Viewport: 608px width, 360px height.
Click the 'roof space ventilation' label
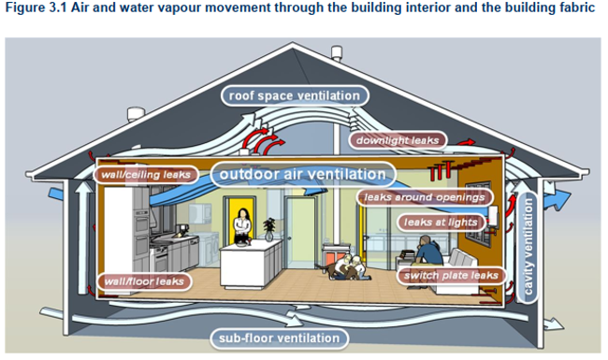click(295, 95)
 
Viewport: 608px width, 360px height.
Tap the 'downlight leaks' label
click(398, 140)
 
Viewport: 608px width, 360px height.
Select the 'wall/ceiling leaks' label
click(146, 175)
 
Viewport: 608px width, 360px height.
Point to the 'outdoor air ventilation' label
click(303, 174)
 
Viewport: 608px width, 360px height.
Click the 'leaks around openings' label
click(425, 197)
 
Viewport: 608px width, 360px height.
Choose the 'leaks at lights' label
click(441, 223)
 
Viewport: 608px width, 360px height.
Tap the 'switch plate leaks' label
click(452, 276)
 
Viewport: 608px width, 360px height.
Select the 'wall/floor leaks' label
click(144, 281)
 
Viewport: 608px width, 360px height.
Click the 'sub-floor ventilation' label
click(279, 338)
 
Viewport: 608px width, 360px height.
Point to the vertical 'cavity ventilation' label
click(528, 247)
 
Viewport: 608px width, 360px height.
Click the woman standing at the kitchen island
click(242, 227)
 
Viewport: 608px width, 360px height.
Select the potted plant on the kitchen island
click(269, 229)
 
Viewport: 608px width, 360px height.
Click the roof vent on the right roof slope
click(337, 53)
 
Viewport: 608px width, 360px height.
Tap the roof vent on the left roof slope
click(136, 115)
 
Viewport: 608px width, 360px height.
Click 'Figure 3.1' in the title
click(36, 8)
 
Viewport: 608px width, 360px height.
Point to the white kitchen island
click(252, 263)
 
